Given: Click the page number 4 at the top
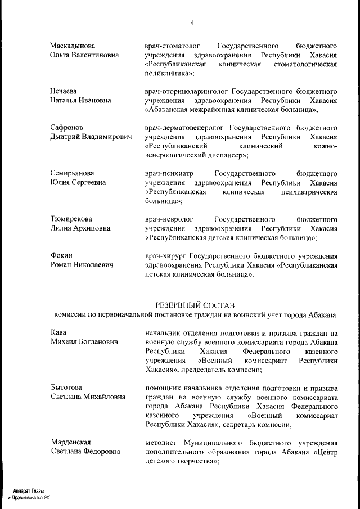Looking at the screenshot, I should pos(192,23).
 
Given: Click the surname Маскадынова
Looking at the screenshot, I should pos(73,46).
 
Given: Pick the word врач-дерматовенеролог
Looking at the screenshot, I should pos(186,128).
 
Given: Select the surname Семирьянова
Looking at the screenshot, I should pos(72,173).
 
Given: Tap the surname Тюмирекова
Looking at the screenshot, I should pos(71,219).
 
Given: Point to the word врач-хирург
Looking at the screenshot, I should pos(163,255).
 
